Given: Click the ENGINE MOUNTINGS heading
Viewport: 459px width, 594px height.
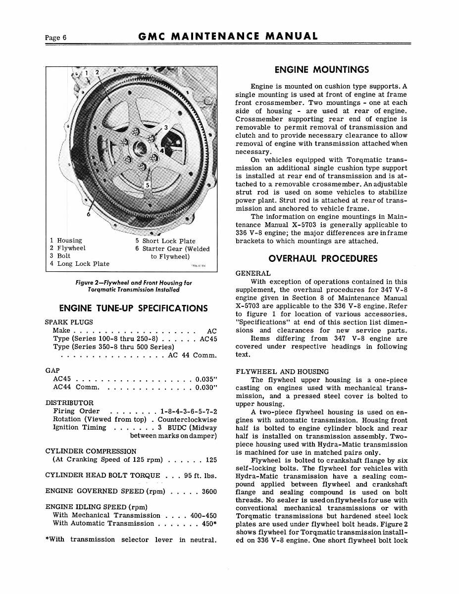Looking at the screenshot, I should (x=321, y=70).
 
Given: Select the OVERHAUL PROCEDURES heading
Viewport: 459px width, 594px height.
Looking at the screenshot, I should (x=322, y=258).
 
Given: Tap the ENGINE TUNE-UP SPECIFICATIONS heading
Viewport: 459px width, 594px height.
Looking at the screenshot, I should (x=133, y=308).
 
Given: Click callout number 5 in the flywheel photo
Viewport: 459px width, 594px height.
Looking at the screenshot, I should (x=147, y=185).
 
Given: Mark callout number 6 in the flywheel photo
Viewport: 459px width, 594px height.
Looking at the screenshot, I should (x=88, y=214).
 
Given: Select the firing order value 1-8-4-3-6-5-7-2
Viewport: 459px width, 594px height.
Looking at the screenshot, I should (x=189, y=411).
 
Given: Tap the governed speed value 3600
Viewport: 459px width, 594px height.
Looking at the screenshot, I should (x=209, y=492).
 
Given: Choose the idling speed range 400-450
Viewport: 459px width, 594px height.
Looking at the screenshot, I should (x=204, y=515).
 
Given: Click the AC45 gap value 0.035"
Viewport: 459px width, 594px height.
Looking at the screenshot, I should (x=207, y=379).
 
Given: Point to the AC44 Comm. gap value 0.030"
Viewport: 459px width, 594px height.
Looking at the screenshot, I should (x=207, y=387).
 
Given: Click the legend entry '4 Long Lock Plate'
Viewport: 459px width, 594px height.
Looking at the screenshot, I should (x=79, y=264).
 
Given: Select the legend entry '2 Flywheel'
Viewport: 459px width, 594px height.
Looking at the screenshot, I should (x=67, y=248).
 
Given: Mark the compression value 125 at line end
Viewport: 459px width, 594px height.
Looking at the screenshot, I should (x=211, y=460).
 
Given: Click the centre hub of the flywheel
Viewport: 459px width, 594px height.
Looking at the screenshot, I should (x=141, y=147).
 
